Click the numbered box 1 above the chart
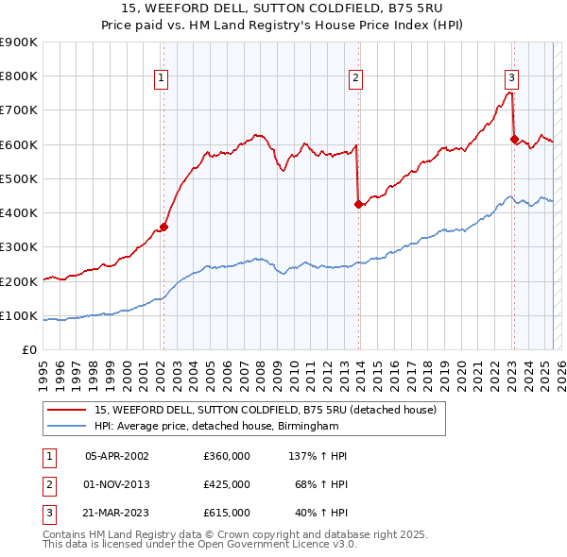pos(162,78)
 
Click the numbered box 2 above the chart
pos(356,78)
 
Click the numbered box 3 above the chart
pos(511,78)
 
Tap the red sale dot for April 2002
pos(163,227)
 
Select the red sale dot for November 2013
pos(358,204)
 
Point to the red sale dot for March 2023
pos(514,139)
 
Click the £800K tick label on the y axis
pos(19,76)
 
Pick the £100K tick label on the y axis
pos(19,315)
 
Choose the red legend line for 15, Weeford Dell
pos(66,411)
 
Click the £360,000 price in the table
pos(227,456)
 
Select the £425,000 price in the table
pos(227,484)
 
